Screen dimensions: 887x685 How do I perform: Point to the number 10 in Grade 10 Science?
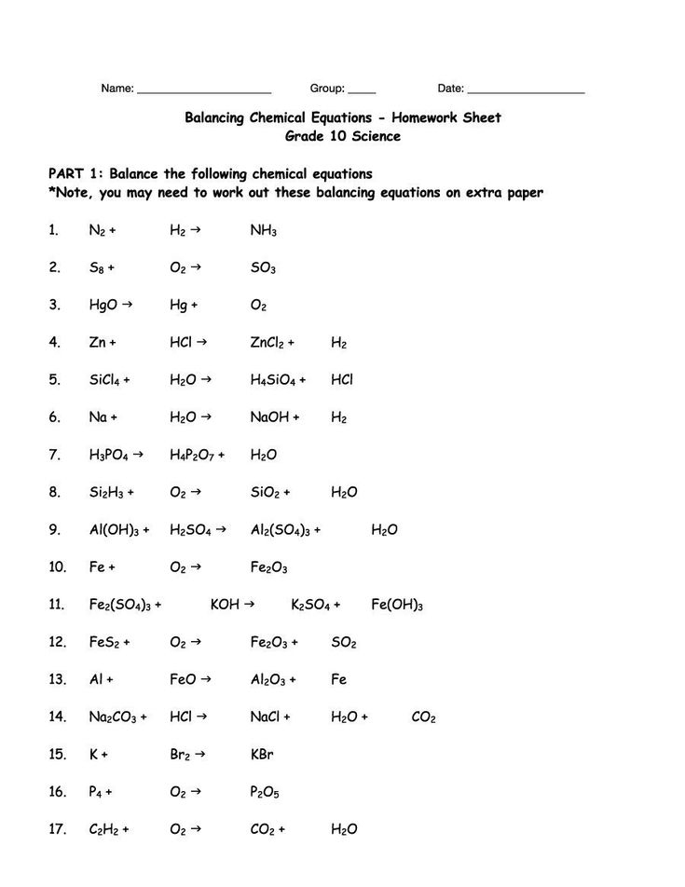coord(335,136)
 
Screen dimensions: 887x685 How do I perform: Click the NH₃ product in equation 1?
coord(264,230)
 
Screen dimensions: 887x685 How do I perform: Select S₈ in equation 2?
coord(98,267)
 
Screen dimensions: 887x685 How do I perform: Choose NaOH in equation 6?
coord(270,417)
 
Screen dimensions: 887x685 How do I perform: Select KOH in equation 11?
coord(226,605)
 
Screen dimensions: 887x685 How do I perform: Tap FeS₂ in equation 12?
coord(104,642)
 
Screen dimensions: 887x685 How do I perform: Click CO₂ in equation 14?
coord(423,717)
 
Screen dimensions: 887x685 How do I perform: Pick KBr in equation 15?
coord(262,755)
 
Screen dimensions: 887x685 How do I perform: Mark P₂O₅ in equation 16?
coord(265,792)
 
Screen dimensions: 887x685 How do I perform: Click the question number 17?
coord(56,829)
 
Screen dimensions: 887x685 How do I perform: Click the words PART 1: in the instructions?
coord(75,174)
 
